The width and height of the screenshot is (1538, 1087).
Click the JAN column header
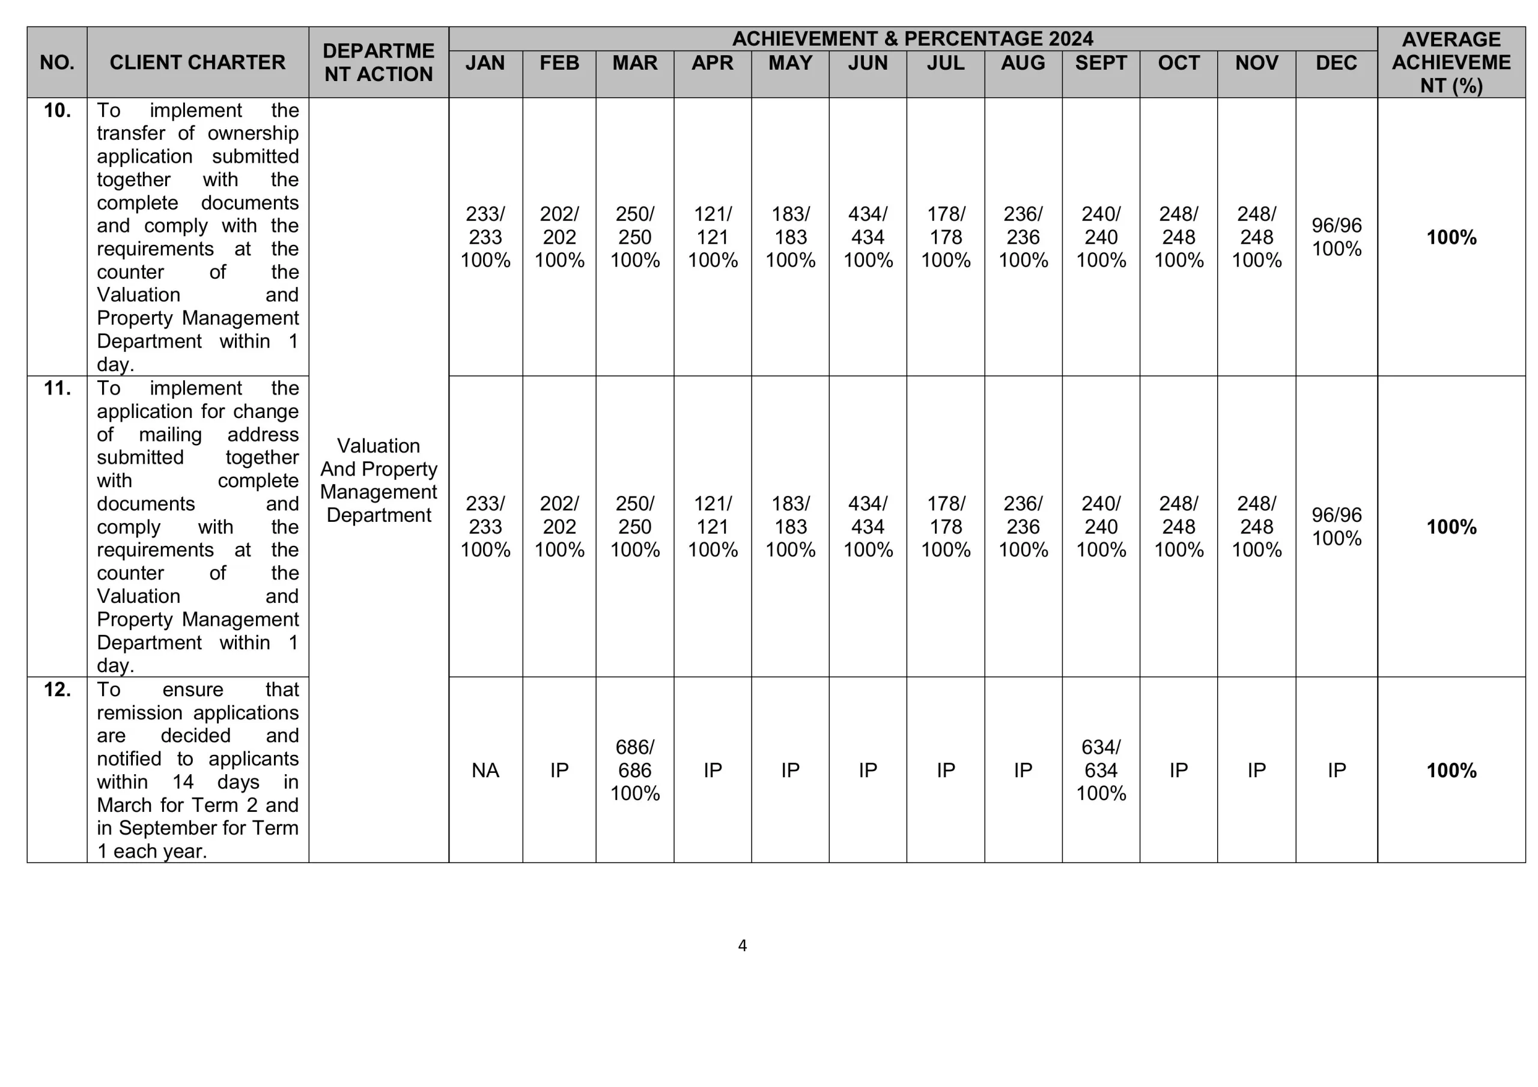pyautogui.click(x=485, y=63)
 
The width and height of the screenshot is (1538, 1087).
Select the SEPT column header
pyautogui.click(x=1101, y=63)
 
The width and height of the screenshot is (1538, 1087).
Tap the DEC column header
pyautogui.click(x=1336, y=63)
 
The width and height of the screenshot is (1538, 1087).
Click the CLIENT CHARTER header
pyautogui.click(x=197, y=62)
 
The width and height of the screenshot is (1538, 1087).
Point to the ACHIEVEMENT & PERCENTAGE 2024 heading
pyautogui.click(x=913, y=39)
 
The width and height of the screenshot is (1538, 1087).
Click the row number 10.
pyautogui.click(x=57, y=111)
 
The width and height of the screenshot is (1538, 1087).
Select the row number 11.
pyautogui.click(x=57, y=389)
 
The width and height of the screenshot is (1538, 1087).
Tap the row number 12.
pyautogui.click(x=57, y=690)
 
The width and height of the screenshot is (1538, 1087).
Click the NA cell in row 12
pyautogui.click(x=485, y=771)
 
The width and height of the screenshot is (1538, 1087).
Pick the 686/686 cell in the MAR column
pyautogui.click(x=634, y=771)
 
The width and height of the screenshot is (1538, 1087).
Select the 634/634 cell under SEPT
pyautogui.click(x=1101, y=771)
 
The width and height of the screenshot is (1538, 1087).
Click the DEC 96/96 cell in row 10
pyautogui.click(x=1336, y=237)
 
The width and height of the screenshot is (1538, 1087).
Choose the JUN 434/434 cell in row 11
pyautogui.click(x=868, y=527)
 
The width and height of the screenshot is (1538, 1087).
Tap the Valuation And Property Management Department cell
pyautogui.click(x=378, y=480)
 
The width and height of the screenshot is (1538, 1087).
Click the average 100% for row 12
pyautogui.click(x=1451, y=771)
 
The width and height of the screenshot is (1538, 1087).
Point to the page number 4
pyautogui.click(x=742, y=946)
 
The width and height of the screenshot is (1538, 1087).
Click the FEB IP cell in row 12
pyautogui.click(x=559, y=771)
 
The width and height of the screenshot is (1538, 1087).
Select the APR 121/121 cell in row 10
pyautogui.click(x=712, y=237)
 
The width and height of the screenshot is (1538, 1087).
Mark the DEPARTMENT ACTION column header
pyautogui.click(x=378, y=62)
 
